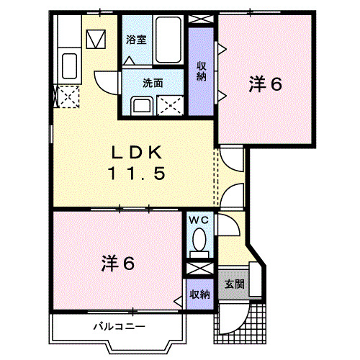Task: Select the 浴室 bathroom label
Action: (x=136, y=40)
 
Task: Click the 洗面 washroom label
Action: (x=152, y=82)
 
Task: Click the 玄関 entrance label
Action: (x=234, y=284)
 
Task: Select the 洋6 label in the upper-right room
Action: (x=266, y=84)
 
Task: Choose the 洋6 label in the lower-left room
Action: (x=118, y=264)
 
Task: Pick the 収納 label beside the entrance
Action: (x=199, y=294)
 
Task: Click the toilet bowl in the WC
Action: (x=199, y=240)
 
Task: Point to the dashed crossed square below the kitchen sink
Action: (x=68, y=95)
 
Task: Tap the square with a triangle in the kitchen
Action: (x=96, y=37)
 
